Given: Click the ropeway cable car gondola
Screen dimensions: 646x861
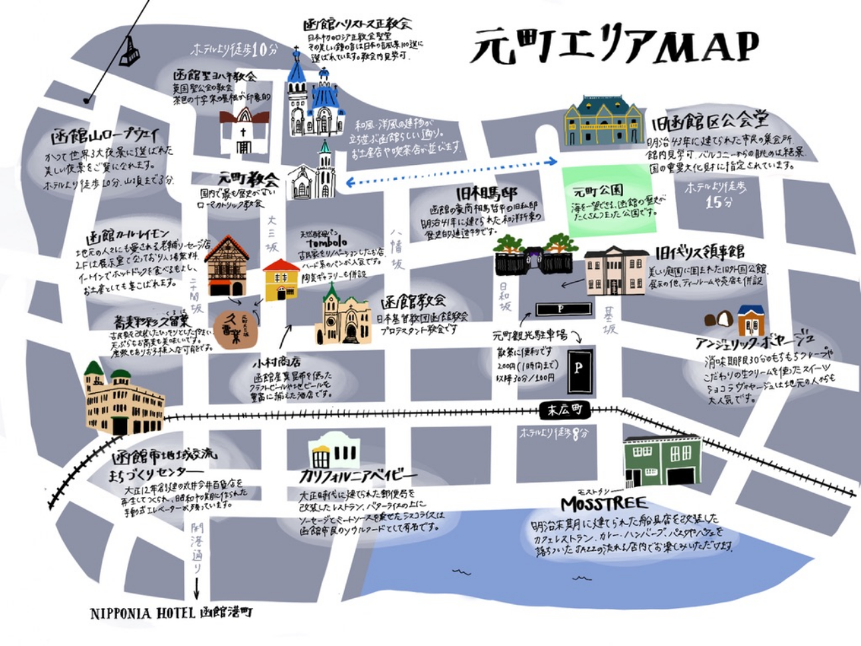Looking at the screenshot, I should click(129, 51).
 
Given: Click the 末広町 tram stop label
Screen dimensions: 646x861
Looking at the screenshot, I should click(564, 410).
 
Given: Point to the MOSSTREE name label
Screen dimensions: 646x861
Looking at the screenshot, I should click(603, 502).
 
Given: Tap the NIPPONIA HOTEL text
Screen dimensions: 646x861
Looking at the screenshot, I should click(171, 613).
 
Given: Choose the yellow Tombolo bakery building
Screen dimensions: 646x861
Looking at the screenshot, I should click(281, 280).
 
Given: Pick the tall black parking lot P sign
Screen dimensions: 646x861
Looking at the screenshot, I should click(579, 370).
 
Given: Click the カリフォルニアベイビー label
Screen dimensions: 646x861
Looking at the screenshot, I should click(359, 476).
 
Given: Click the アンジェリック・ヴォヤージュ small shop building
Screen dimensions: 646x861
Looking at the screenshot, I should click(750, 320).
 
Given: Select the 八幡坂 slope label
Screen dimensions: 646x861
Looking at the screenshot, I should click(397, 250).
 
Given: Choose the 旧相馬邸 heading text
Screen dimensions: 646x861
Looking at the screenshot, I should click(487, 193).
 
